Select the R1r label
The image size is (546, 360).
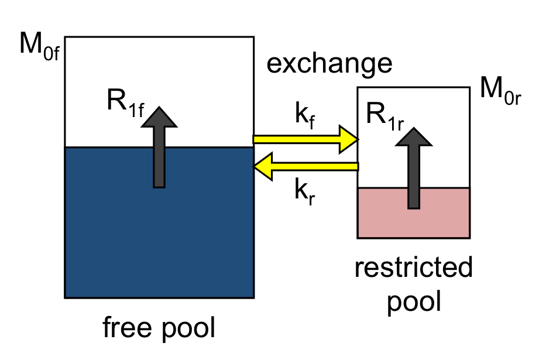[386, 115]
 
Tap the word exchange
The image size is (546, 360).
[329, 63]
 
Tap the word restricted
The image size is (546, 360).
[413, 269]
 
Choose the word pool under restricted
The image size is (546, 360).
[413, 301]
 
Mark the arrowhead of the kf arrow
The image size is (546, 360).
[349, 140]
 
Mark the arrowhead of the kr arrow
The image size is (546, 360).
[262, 167]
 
